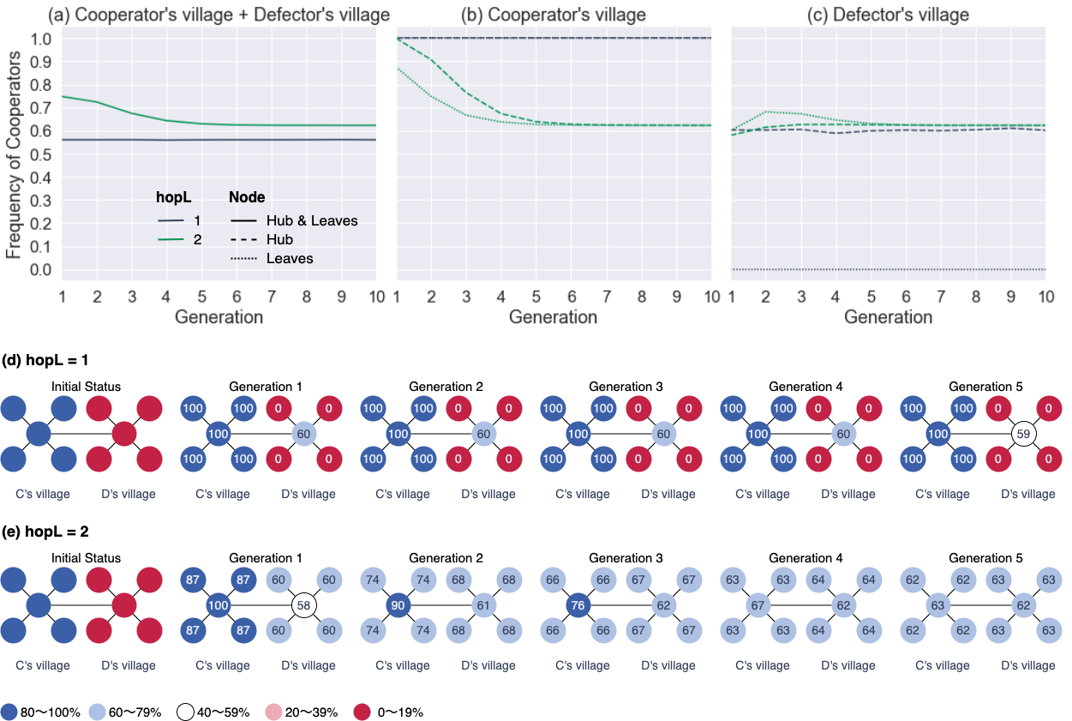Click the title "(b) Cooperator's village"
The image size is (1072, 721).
(x=553, y=15)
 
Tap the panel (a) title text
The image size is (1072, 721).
(x=219, y=15)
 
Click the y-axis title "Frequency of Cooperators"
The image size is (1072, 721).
(x=14, y=155)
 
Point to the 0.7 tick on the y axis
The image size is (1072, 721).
(x=40, y=109)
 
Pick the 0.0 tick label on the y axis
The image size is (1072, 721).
(x=40, y=270)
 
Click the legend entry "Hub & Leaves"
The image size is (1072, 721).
(x=312, y=220)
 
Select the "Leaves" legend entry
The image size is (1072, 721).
(x=290, y=258)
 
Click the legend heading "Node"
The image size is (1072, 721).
(x=247, y=197)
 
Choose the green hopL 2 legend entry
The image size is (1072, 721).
(x=179, y=239)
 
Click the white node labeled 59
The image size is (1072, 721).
(x=1022, y=434)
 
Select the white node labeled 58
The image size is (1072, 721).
(x=303, y=605)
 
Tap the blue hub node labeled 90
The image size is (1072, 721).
(x=398, y=605)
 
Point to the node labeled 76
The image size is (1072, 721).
(x=578, y=605)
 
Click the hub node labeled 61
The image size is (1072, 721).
(x=483, y=605)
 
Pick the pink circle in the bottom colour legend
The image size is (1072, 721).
(x=273, y=712)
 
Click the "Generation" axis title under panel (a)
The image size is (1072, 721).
(x=219, y=317)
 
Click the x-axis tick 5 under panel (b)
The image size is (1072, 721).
(x=536, y=296)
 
